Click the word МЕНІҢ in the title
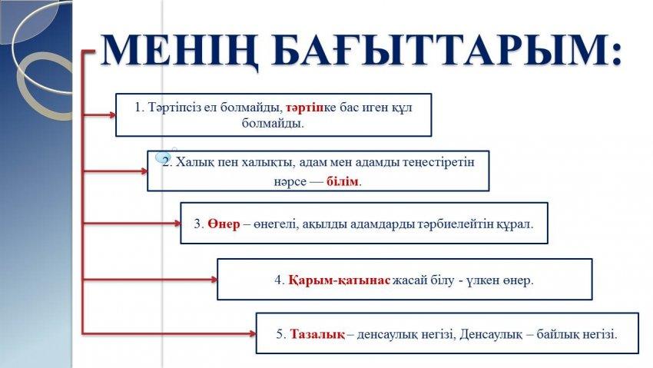[x=180, y=51]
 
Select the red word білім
[x=343, y=181]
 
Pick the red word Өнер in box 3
[x=224, y=224]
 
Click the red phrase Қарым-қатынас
[x=339, y=280]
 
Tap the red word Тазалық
[x=317, y=334]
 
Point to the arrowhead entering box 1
[x=111, y=115]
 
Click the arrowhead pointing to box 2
[x=144, y=171]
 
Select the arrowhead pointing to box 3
[x=177, y=224]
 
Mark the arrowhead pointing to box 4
[x=214, y=280]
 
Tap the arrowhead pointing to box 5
[x=251, y=333]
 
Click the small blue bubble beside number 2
[x=163, y=157]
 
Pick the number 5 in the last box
[x=281, y=334]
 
